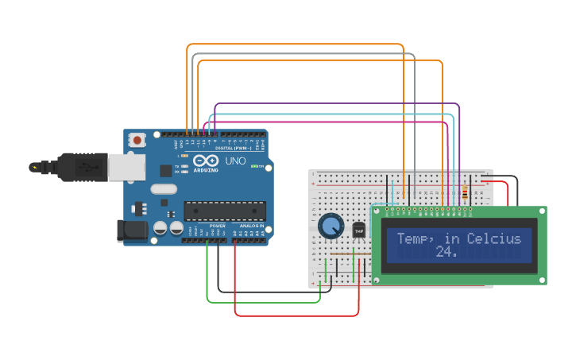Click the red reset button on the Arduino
pyautogui.click(x=137, y=141)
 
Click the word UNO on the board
pyautogui.click(x=236, y=161)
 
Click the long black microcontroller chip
pyautogui.click(x=225, y=211)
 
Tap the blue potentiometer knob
pyautogui.click(x=331, y=226)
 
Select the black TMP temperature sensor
pyautogui.click(x=359, y=230)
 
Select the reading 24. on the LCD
pyautogui.click(x=446, y=252)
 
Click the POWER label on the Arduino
pyautogui.click(x=216, y=226)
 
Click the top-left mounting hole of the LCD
pyautogui.click(x=377, y=212)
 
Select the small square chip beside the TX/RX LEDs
pyautogui.click(x=165, y=170)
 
